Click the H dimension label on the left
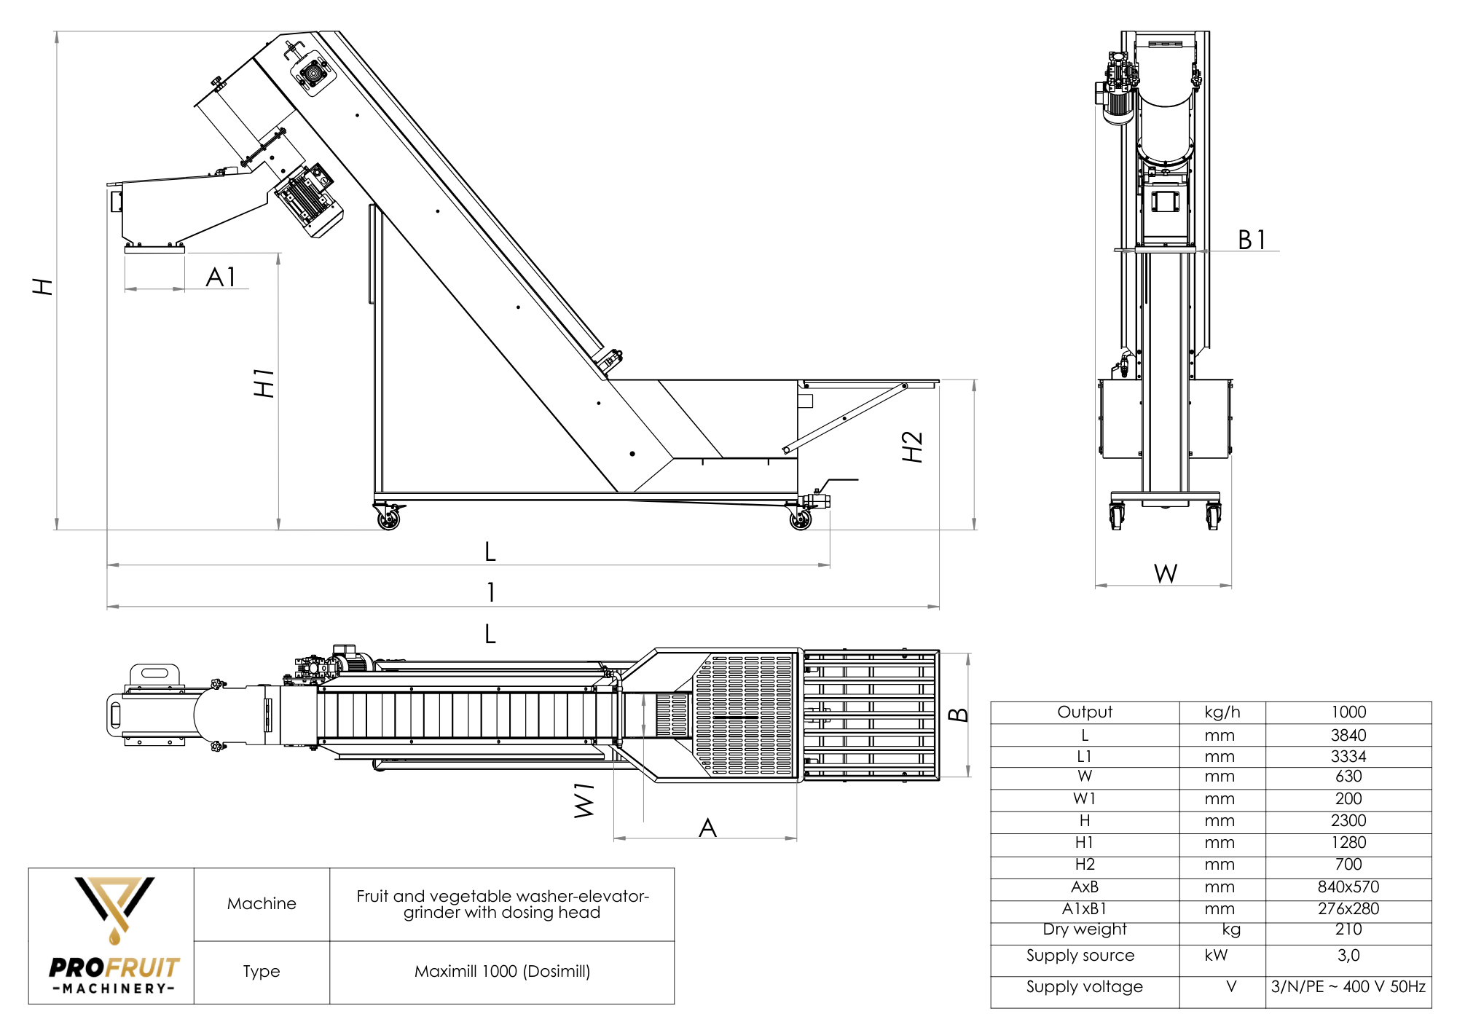coord(43,286)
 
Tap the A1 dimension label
coord(221,277)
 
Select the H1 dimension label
coord(264,383)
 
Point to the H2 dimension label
coord(912,447)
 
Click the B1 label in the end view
coord(1252,240)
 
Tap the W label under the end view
coord(1166,574)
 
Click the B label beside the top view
coord(959,715)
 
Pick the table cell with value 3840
coord(1348,735)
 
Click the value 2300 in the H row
coord(1348,820)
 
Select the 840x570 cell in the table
coord(1348,886)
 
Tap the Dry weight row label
coord(1084,929)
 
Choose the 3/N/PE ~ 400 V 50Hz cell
coord(1348,986)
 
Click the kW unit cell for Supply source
coord(1216,955)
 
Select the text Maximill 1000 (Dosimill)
coord(502,971)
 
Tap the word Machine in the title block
coord(262,903)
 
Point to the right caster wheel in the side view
coord(801,519)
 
